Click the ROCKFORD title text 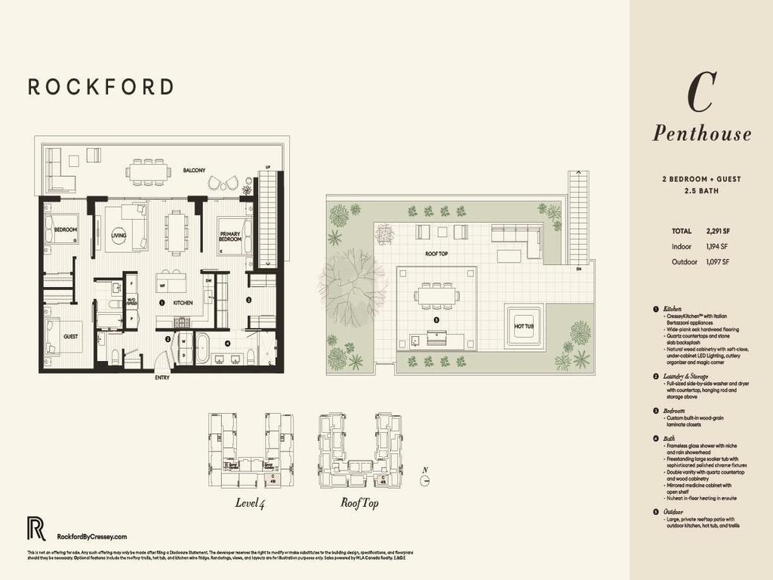(x=101, y=87)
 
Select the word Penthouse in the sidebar (x=701, y=134)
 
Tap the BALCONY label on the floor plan (x=194, y=171)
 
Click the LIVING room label (x=119, y=236)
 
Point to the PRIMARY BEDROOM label (x=229, y=237)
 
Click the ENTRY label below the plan (x=162, y=378)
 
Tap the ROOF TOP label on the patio (x=436, y=254)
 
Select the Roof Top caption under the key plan (x=359, y=501)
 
